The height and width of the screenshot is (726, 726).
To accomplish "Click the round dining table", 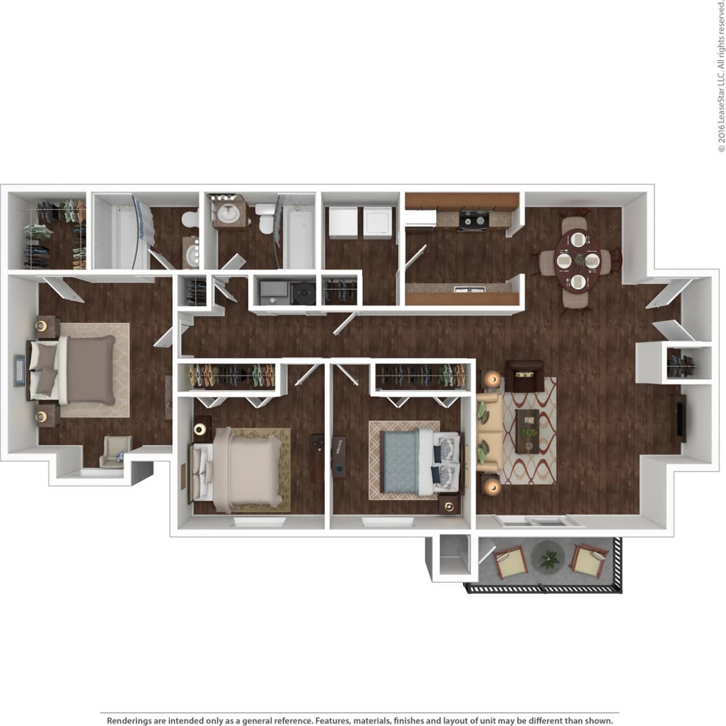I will point(577,260).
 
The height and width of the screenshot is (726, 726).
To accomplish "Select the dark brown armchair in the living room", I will point(525,375).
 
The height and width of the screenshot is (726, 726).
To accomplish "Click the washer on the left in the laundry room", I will point(341,222).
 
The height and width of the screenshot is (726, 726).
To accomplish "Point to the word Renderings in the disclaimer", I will point(129,720).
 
